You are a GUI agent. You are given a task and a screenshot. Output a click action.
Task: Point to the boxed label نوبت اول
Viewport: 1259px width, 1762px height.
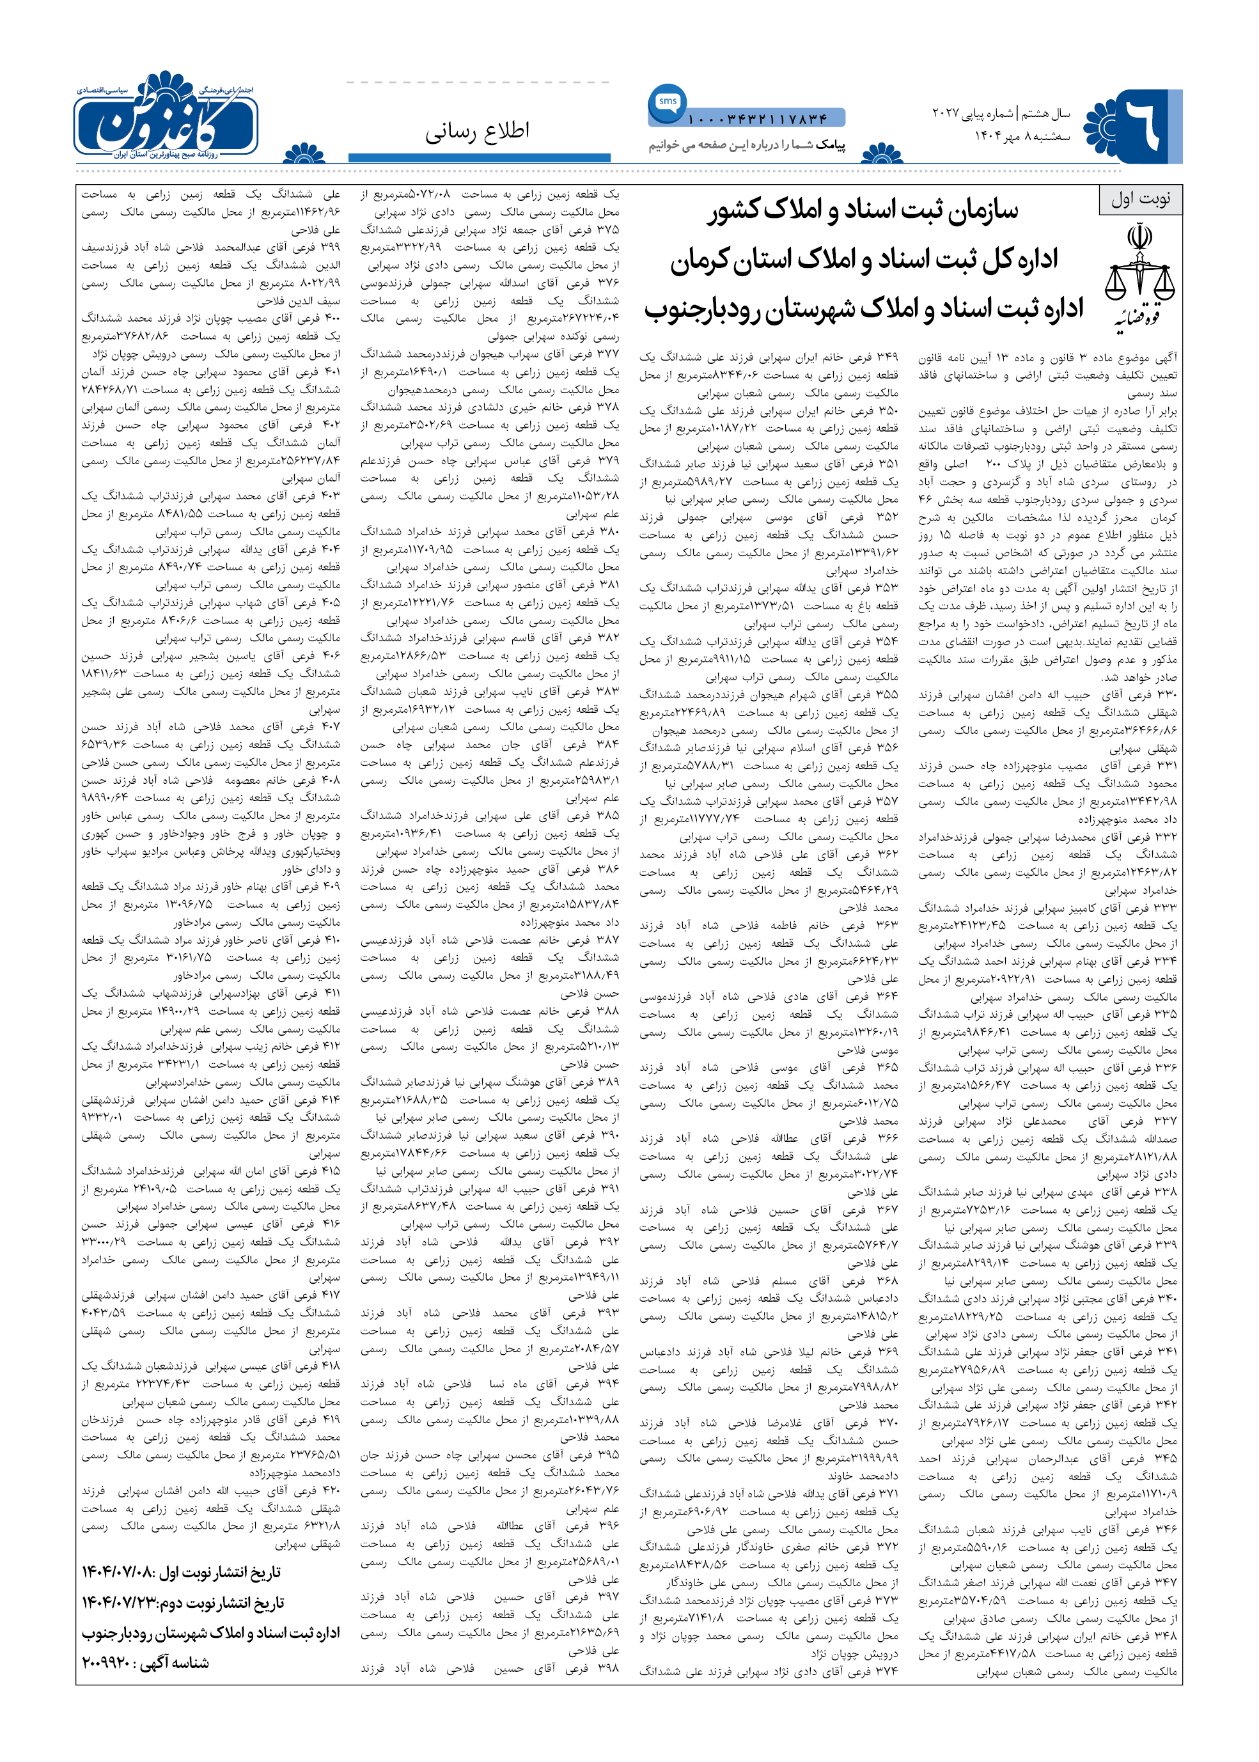tap(1140, 199)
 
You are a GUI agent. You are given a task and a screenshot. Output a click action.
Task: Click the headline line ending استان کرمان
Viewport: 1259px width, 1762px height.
tap(864, 260)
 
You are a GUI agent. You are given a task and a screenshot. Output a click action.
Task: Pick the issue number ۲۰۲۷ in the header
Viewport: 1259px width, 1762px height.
tap(946, 114)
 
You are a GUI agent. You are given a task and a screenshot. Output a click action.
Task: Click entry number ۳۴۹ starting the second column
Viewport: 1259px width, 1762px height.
tap(888, 357)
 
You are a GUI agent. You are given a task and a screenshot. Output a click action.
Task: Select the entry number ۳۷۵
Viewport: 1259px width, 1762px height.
tap(609, 230)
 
